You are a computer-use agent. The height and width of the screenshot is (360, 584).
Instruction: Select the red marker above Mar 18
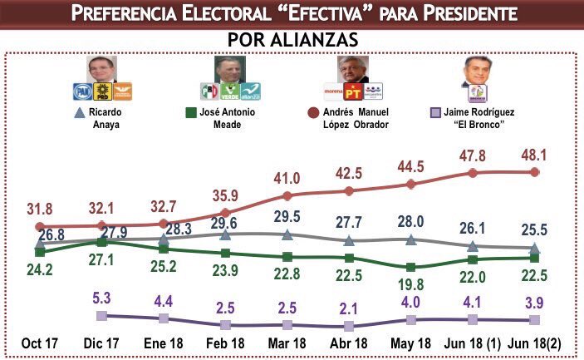click(287, 196)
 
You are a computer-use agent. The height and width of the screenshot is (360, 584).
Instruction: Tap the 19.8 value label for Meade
click(411, 287)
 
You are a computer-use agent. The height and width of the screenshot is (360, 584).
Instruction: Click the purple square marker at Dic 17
click(101, 315)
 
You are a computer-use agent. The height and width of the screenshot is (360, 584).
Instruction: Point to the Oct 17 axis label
click(39, 343)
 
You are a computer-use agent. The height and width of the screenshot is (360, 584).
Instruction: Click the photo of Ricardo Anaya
click(100, 69)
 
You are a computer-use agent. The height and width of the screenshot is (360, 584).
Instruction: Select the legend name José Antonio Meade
click(228, 117)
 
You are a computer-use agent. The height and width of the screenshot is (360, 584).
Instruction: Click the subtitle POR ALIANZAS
click(292, 40)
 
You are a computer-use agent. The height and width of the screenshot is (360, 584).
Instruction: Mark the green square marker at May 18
click(411, 268)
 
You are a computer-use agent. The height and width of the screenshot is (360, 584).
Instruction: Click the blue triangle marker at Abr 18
click(349, 241)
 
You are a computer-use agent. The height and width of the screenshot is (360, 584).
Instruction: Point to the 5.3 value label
click(101, 298)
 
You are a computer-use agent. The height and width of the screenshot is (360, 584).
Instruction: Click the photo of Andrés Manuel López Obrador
click(347, 69)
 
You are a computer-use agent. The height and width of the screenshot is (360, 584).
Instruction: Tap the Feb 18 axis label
click(225, 343)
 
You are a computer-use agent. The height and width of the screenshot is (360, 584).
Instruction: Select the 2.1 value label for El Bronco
click(349, 309)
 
